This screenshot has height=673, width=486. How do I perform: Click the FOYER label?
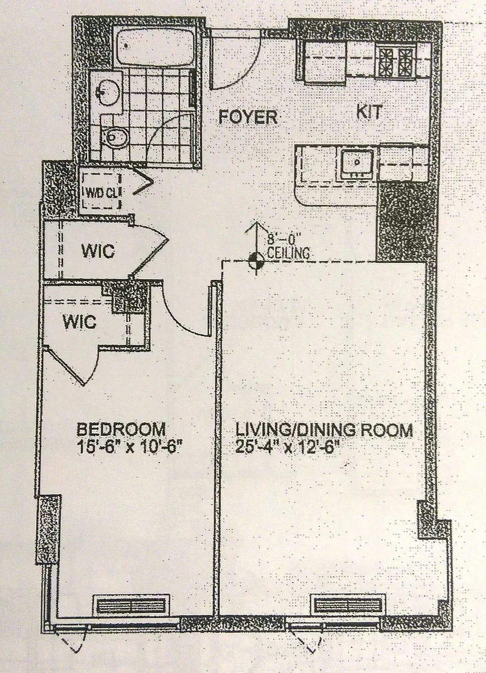coord(248,117)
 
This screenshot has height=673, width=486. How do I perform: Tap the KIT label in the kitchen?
coord(369,112)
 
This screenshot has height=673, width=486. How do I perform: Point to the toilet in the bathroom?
coord(113,137)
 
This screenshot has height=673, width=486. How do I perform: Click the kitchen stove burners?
coord(395,61)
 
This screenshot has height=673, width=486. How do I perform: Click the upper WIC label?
coord(98,251)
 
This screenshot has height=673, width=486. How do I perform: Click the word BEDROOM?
coord(121,429)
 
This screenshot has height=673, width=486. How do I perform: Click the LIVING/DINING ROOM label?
coord(324,429)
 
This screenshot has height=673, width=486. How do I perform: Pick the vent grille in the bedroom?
coord(131,606)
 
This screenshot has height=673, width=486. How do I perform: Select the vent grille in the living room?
coord(348,605)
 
